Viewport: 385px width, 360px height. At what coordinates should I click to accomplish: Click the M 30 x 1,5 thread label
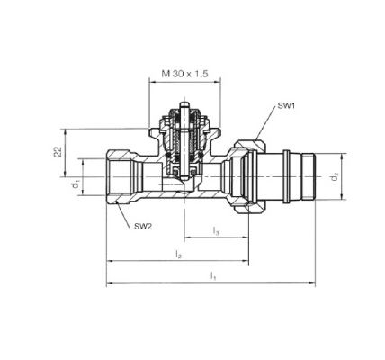(184, 74)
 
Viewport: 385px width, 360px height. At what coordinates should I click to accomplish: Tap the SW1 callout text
(286, 105)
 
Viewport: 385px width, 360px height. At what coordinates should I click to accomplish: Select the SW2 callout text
(143, 227)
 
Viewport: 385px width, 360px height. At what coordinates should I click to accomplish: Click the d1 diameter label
(76, 184)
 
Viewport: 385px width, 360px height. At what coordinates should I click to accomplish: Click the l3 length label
(216, 231)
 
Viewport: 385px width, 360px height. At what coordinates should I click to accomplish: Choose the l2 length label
(179, 255)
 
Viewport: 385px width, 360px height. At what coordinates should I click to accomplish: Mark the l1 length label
(213, 275)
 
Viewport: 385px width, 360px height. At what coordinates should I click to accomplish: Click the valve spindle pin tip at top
(184, 103)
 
